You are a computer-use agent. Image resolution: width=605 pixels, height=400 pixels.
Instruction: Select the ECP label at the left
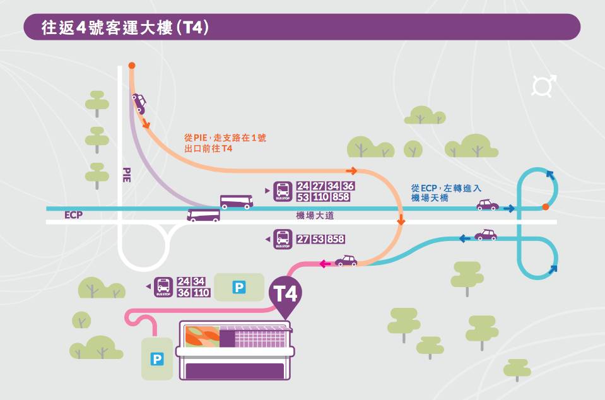pos(74,215)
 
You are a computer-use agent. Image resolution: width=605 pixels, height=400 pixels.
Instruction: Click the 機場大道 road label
pos(315,216)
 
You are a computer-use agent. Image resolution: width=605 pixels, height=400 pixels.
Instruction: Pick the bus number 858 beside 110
pos(339,197)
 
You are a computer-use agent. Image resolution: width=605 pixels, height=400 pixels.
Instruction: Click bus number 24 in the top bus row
pos(303,186)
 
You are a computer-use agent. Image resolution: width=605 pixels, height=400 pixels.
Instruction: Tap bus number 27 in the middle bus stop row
pos(303,239)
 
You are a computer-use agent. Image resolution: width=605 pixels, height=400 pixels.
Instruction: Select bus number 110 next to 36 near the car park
pos(201,293)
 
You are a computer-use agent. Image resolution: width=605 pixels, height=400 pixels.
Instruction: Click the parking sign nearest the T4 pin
pos(239,288)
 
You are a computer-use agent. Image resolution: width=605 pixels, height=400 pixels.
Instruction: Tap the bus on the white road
pos(203,216)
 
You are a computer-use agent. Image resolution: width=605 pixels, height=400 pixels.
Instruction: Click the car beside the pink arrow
pos(346,261)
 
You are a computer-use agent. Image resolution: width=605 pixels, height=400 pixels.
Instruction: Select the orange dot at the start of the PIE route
pos(131,65)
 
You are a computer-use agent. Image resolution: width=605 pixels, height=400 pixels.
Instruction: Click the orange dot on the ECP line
pos(545,207)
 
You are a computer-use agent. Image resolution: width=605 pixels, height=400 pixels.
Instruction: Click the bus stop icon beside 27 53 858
pos(282,240)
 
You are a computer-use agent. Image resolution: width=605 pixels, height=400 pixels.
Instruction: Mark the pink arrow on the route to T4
pos(326,264)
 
